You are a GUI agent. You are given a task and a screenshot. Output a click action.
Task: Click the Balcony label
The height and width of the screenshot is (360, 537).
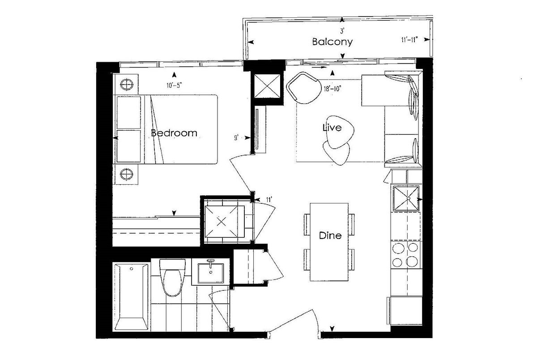point(332,42)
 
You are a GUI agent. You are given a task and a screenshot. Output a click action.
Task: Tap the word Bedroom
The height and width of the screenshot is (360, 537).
point(174,133)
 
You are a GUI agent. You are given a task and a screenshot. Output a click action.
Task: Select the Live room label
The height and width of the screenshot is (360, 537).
point(332,127)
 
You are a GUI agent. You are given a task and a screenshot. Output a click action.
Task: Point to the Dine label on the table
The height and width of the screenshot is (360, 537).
point(330,235)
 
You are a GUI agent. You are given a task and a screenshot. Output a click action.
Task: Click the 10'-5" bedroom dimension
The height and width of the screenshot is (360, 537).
point(174,85)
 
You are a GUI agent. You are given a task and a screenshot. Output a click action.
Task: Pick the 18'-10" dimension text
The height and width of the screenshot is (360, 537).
point(332,89)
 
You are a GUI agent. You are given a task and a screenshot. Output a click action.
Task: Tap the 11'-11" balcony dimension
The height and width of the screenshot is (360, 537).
point(410,40)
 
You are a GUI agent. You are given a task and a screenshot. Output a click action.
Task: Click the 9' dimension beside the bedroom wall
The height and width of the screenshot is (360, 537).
point(236,138)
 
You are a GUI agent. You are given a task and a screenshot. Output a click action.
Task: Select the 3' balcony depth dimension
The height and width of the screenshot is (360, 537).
point(342,31)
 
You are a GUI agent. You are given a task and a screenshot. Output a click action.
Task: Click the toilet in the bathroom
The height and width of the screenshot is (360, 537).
point(172,278)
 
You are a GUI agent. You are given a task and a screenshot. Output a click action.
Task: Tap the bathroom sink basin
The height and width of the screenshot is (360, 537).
point(210,273)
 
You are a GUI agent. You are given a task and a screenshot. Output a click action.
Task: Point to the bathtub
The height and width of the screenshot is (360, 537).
point(131,297)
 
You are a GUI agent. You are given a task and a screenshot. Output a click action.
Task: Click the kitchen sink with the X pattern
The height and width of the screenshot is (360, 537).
point(406,198)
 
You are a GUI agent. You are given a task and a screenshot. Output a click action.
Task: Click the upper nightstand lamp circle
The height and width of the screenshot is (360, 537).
point(126,85)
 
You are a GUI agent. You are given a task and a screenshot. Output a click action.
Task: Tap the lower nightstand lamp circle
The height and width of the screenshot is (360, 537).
point(126,174)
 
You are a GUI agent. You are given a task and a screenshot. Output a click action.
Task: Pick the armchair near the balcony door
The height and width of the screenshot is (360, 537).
point(304,88)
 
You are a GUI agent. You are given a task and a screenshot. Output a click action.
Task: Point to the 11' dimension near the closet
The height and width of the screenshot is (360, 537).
point(269,199)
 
